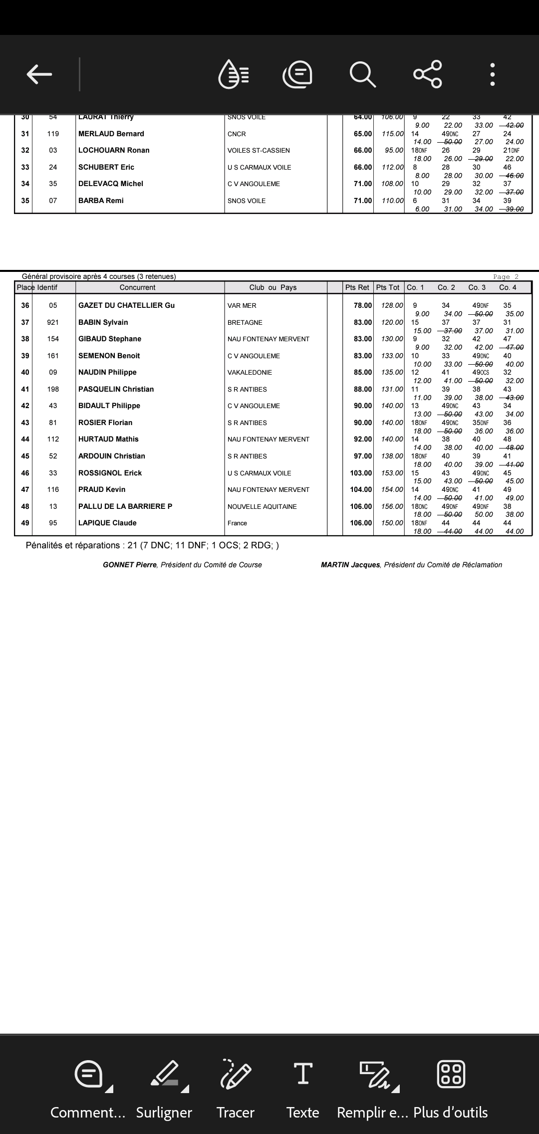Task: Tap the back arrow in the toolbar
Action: (39, 74)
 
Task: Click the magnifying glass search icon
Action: (362, 74)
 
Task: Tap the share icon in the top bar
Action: (428, 74)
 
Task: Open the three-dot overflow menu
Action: (493, 74)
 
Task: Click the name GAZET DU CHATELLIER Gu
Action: (126, 305)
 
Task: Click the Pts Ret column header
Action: (357, 287)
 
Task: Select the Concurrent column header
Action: (137, 287)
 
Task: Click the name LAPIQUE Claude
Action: (107, 523)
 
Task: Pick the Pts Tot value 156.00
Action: (392, 506)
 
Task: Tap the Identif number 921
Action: (53, 322)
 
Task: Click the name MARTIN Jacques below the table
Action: (350, 565)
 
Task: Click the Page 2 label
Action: (506, 277)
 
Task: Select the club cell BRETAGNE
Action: (245, 322)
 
